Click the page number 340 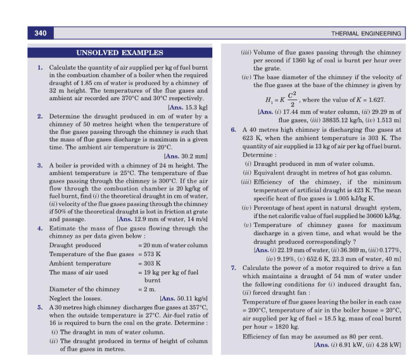point(39,32)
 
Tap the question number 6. point(234,129)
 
